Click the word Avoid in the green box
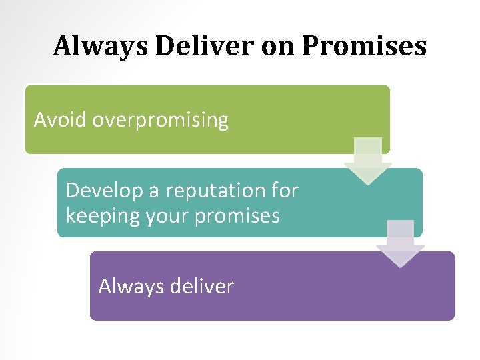point(61,120)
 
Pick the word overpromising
point(161,121)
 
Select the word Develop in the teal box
point(104,191)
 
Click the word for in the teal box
point(285,191)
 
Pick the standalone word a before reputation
point(154,191)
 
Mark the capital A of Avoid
point(40,120)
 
